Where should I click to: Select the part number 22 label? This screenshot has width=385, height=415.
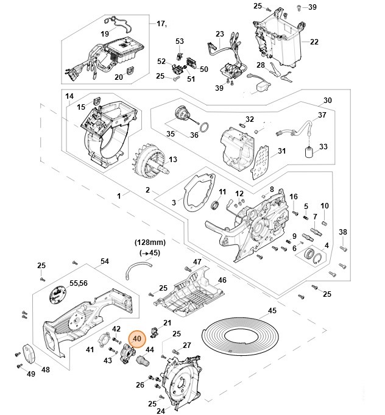click(314, 41)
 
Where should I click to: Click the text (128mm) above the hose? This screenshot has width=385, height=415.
click(149, 242)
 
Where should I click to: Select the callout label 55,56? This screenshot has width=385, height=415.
click(79, 284)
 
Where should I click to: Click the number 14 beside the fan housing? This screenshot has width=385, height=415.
click(69, 96)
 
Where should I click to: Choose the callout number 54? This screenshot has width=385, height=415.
click(104, 261)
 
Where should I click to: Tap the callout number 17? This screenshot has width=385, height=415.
click(162, 24)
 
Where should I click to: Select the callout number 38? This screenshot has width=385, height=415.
click(342, 232)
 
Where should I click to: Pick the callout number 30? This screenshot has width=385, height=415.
click(327, 100)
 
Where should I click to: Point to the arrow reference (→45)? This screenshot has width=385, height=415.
click(149, 252)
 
